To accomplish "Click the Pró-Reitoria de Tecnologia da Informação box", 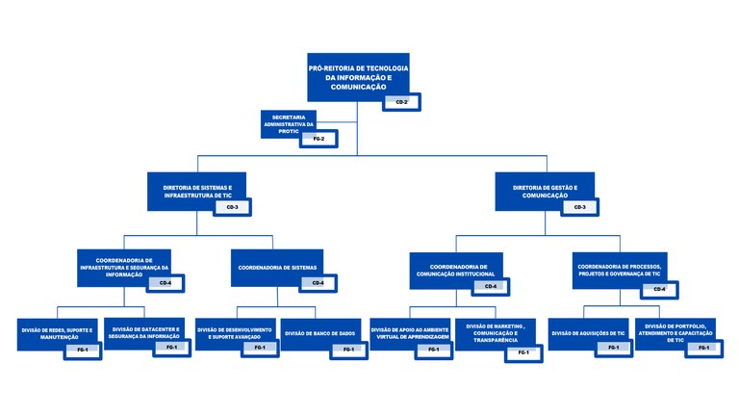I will click(358, 73).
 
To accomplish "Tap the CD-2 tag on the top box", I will click(401, 101).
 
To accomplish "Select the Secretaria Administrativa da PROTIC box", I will click(289, 123).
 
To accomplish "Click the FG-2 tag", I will click(319, 140).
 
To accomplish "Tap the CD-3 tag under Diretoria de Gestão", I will click(579, 207).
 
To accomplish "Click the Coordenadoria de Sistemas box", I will click(276, 268).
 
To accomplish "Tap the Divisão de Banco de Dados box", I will click(320, 332).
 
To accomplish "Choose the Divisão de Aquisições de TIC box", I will click(588, 332).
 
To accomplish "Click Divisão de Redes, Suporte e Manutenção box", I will click(57, 332).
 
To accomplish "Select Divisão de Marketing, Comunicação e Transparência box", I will click(494, 334).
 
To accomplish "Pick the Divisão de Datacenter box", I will click(142, 330).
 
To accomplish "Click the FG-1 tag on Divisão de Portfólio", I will click(704, 348).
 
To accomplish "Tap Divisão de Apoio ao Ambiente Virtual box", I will click(409, 332).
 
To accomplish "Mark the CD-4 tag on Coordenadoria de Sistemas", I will click(318, 283).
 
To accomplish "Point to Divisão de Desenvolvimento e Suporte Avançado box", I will click(235, 332).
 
